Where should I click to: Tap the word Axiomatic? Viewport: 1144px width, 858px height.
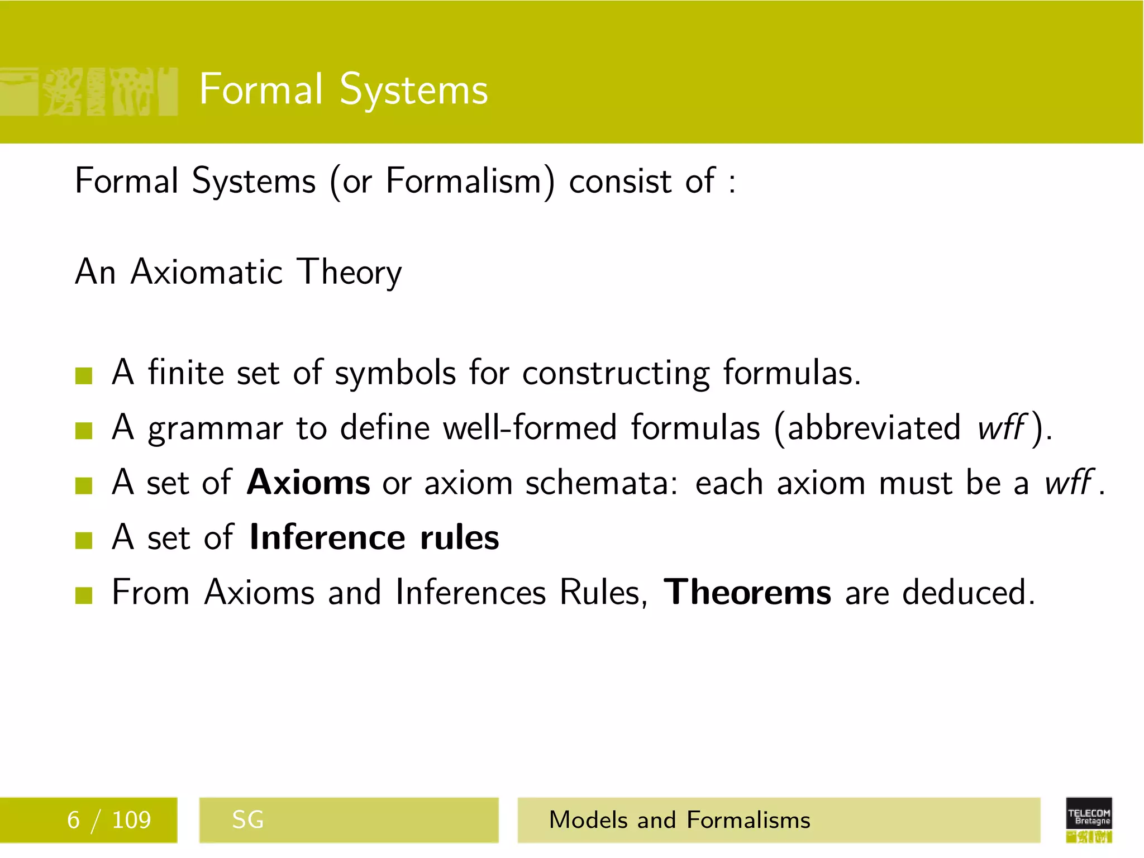pyautogui.click(x=207, y=272)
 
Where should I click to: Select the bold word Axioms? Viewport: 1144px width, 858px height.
pyautogui.click(x=308, y=482)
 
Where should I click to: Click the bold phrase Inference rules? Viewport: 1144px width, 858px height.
pyautogui.click(x=374, y=537)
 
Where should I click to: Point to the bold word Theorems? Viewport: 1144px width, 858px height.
pyautogui.click(x=747, y=592)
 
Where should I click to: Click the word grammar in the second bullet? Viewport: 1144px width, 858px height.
pyautogui.click(x=215, y=429)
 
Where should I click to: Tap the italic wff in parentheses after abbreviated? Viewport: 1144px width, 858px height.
pyautogui.click(x=1002, y=428)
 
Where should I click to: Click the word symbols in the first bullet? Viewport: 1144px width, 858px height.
pyautogui.click(x=395, y=373)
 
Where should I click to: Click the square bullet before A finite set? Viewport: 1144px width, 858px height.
pyautogui.click(x=84, y=376)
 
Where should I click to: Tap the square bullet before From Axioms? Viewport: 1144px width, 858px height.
pyautogui.click(x=84, y=595)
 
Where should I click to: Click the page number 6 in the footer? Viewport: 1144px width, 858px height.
pyautogui.click(x=73, y=820)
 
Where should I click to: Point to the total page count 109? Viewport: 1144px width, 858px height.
pyautogui.click(x=131, y=820)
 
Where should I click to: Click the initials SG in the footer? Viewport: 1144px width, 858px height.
pyautogui.click(x=247, y=820)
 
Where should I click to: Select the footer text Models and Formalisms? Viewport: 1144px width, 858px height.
pyautogui.click(x=679, y=820)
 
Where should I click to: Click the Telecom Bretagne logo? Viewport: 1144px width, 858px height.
pyautogui.click(x=1089, y=819)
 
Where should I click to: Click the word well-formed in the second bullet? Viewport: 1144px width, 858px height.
pyautogui.click(x=530, y=428)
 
